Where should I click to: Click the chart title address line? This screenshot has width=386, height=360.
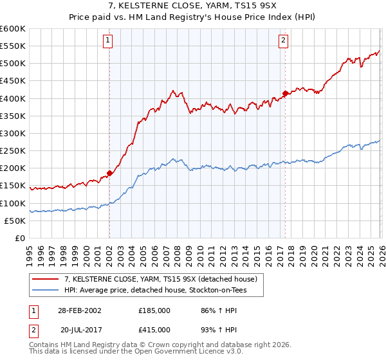click(192, 6)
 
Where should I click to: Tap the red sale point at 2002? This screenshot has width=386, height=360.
click(110, 173)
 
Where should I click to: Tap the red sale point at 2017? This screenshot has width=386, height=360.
click(285, 93)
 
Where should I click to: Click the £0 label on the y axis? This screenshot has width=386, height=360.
click(20, 238)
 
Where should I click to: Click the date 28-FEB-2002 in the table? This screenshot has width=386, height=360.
click(79, 310)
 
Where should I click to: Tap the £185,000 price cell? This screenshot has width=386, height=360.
click(154, 310)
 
